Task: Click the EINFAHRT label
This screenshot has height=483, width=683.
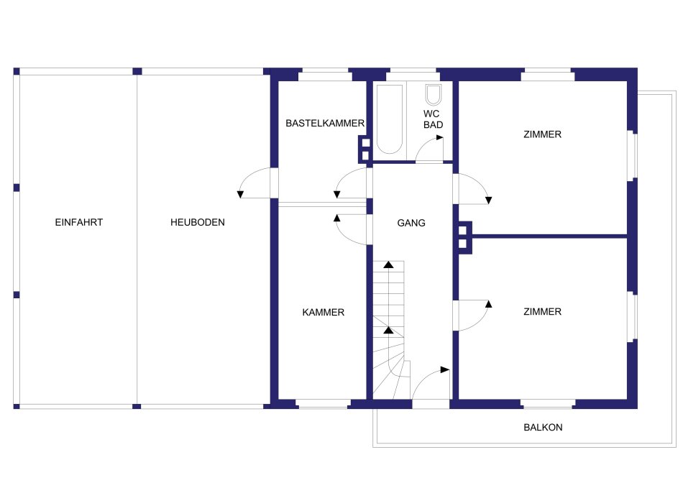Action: click(x=79, y=222)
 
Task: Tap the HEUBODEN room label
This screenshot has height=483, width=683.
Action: click(x=197, y=222)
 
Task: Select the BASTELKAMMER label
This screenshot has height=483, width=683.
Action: click(x=325, y=123)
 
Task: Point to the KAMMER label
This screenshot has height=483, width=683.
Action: click(x=324, y=312)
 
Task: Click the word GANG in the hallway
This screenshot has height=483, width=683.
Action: click(x=411, y=223)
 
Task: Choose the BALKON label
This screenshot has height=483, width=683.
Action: click(x=543, y=427)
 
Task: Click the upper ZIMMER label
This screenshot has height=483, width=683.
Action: click(x=542, y=134)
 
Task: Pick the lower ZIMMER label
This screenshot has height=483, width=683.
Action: click(x=542, y=311)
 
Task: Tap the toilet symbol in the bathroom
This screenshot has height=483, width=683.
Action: click(x=434, y=94)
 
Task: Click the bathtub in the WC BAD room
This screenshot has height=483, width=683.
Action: click(x=390, y=119)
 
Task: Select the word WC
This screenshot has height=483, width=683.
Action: click(x=431, y=114)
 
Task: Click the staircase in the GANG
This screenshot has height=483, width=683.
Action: click(x=390, y=330)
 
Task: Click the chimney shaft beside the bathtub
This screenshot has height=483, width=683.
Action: click(x=365, y=149)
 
